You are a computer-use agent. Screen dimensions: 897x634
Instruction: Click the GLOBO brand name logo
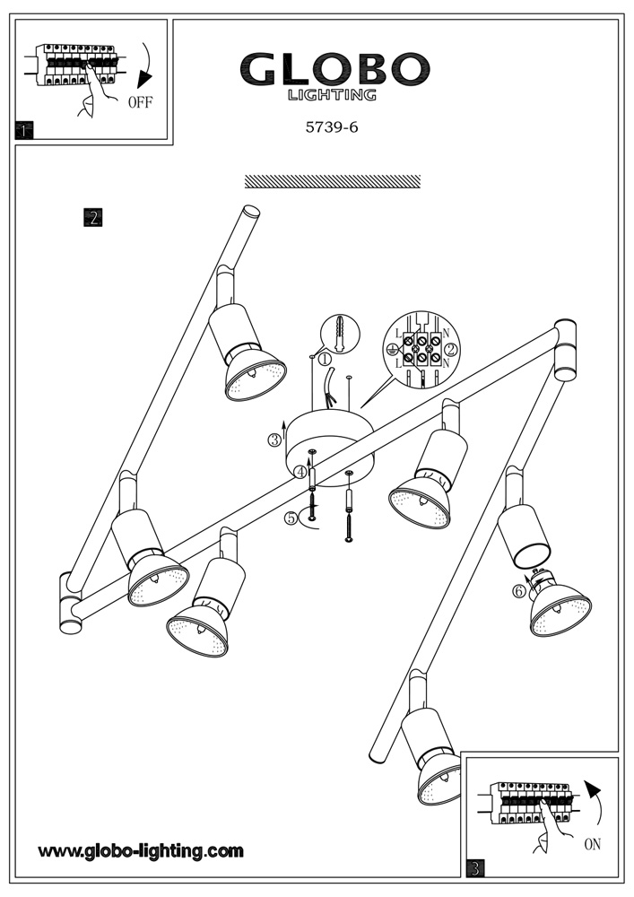tap(334, 69)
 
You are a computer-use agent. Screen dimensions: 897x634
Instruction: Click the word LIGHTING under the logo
tap(332, 94)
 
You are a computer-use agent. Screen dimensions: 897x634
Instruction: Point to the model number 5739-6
tap(332, 127)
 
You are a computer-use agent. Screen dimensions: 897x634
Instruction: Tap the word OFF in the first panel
tap(140, 102)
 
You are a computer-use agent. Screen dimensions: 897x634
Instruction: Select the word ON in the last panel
tap(592, 844)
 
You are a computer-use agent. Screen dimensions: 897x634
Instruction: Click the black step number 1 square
tap(24, 131)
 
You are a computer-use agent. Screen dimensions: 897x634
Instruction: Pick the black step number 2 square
tap(92, 217)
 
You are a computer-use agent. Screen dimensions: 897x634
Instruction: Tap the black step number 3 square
tap(475, 867)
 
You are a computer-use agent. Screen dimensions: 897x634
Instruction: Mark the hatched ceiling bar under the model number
tap(332, 181)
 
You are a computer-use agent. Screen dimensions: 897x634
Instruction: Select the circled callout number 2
tap(451, 349)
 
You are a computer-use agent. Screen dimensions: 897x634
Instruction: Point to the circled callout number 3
tap(274, 440)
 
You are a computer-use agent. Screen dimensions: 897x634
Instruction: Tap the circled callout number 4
tap(301, 471)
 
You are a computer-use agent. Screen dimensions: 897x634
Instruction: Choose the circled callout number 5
tap(291, 518)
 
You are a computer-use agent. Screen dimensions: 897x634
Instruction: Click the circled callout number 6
tap(518, 591)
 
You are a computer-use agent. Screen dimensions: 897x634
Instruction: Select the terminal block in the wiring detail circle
tap(419, 350)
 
